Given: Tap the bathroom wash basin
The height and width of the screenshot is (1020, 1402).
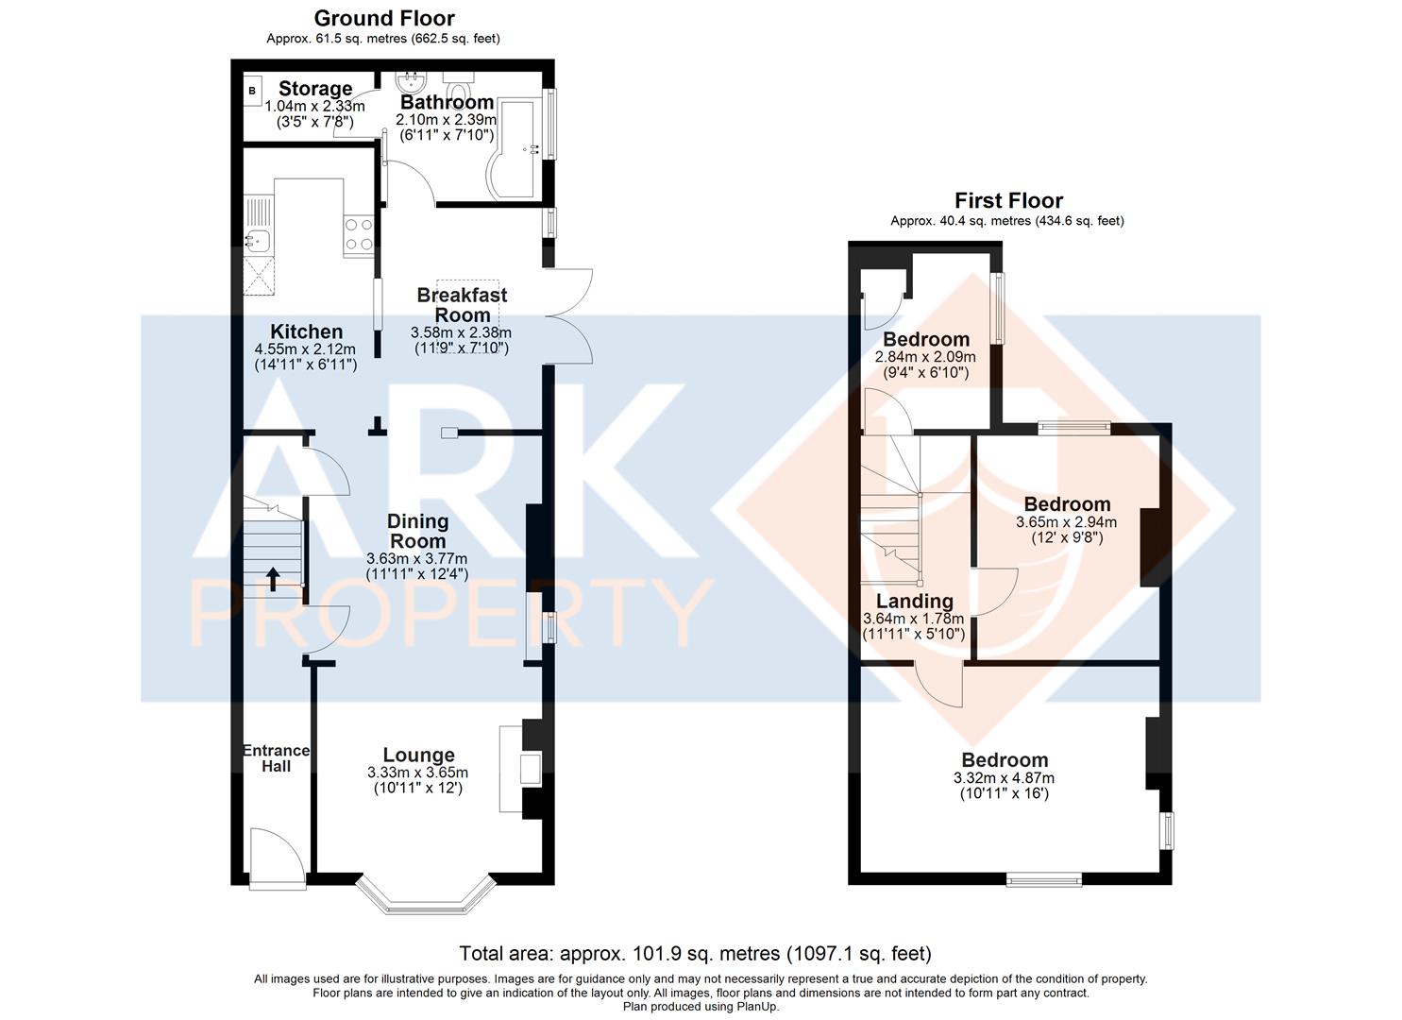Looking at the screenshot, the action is [x=412, y=82].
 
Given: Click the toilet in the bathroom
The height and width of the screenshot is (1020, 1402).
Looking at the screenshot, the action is [x=459, y=86].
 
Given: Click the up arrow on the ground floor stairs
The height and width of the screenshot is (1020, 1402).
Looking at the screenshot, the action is [x=273, y=579].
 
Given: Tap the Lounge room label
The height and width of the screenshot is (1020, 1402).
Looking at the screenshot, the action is [x=419, y=756].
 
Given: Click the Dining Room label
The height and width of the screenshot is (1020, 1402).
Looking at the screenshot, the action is [x=417, y=531].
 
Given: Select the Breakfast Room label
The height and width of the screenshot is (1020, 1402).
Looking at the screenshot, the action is [x=462, y=305].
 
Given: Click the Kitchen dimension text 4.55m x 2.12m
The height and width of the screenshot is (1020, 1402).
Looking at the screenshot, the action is [x=306, y=349].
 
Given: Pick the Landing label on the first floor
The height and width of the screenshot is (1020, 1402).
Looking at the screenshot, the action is [x=915, y=601].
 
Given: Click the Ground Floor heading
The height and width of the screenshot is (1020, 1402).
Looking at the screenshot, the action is [x=384, y=18].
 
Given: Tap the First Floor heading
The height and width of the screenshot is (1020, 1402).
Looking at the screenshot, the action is [x=1008, y=200].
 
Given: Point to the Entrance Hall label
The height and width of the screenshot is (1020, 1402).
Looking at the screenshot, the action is [x=276, y=758].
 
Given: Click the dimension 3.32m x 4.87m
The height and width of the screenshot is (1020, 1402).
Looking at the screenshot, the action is [x=1004, y=778].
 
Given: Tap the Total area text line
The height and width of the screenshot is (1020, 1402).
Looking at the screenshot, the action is [x=696, y=954].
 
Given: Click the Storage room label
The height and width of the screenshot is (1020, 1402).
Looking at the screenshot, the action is [x=315, y=89].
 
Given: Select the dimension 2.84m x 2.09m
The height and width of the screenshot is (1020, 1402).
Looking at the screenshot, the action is [x=925, y=357].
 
